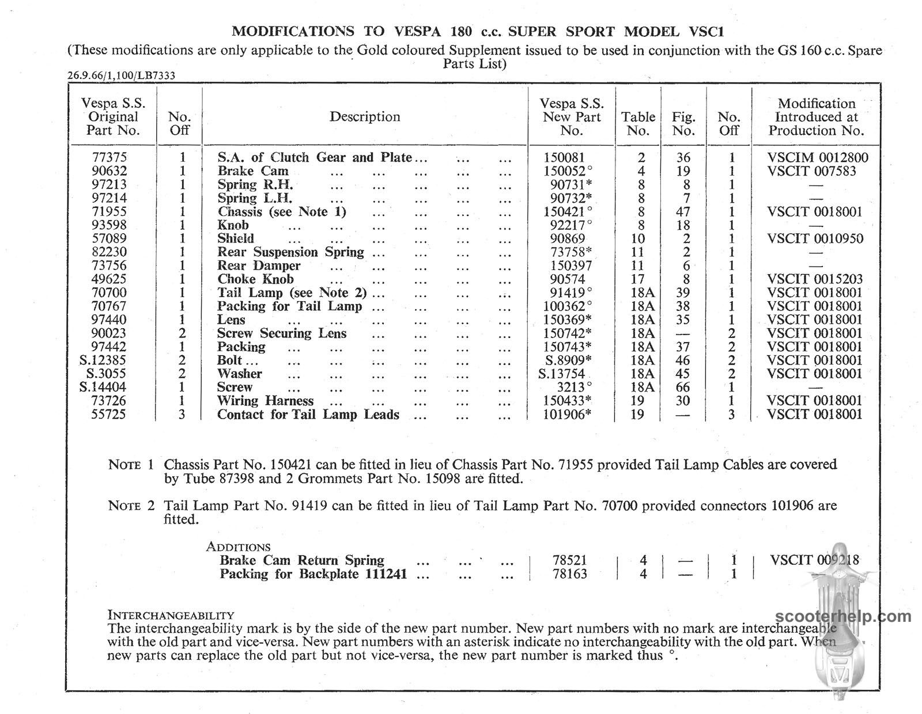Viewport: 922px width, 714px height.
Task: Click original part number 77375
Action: (109, 157)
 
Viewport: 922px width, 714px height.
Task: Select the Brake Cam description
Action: (253, 171)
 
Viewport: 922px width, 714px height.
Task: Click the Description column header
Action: (365, 117)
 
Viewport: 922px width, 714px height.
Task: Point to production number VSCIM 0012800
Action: (818, 157)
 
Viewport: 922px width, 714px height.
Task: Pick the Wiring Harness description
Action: (265, 401)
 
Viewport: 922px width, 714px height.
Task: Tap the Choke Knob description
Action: (255, 279)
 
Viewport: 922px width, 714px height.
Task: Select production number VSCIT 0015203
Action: (815, 279)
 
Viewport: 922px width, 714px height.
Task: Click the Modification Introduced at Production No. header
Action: (816, 117)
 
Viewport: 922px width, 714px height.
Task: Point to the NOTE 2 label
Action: (131, 506)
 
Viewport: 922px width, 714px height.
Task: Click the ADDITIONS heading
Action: (238, 547)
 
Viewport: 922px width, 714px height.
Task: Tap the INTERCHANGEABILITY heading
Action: (171, 615)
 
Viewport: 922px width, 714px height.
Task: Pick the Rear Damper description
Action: (259, 265)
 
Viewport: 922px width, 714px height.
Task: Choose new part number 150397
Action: (568, 265)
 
